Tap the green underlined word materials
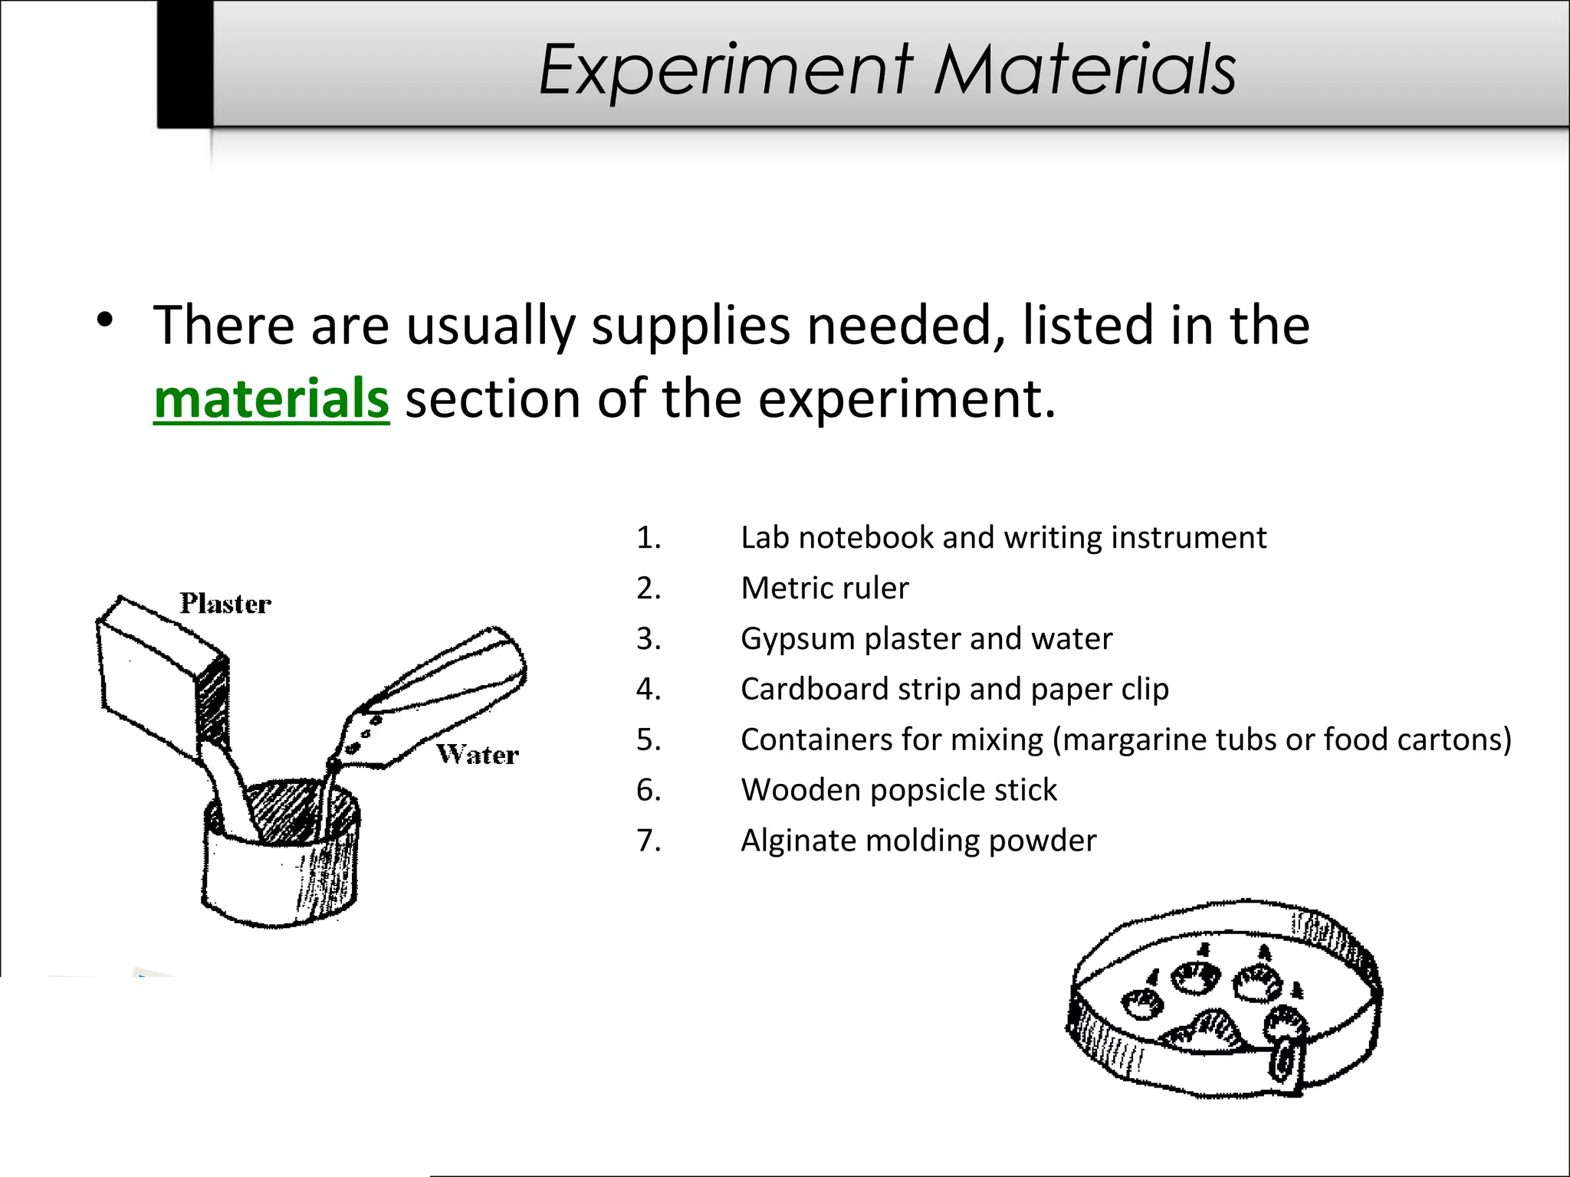[271, 399]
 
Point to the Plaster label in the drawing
[225, 604]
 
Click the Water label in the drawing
[478, 755]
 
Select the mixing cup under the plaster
[280, 866]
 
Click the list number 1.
[649, 538]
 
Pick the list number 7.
[649, 841]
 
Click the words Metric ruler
[824, 588]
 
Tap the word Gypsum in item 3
[797, 639]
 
